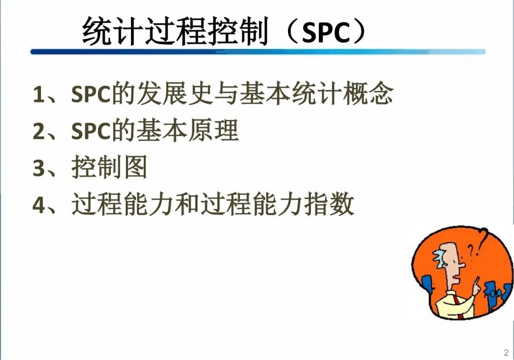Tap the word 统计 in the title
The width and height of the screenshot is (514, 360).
(x=112, y=31)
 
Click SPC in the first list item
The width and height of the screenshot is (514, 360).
(x=91, y=94)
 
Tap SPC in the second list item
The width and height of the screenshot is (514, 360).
(x=91, y=131)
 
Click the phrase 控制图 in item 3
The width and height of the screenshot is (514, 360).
(x=109, y=167)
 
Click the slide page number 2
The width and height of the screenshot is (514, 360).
(x=506, y=353)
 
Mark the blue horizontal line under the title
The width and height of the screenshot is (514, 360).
(x=257, y=52)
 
